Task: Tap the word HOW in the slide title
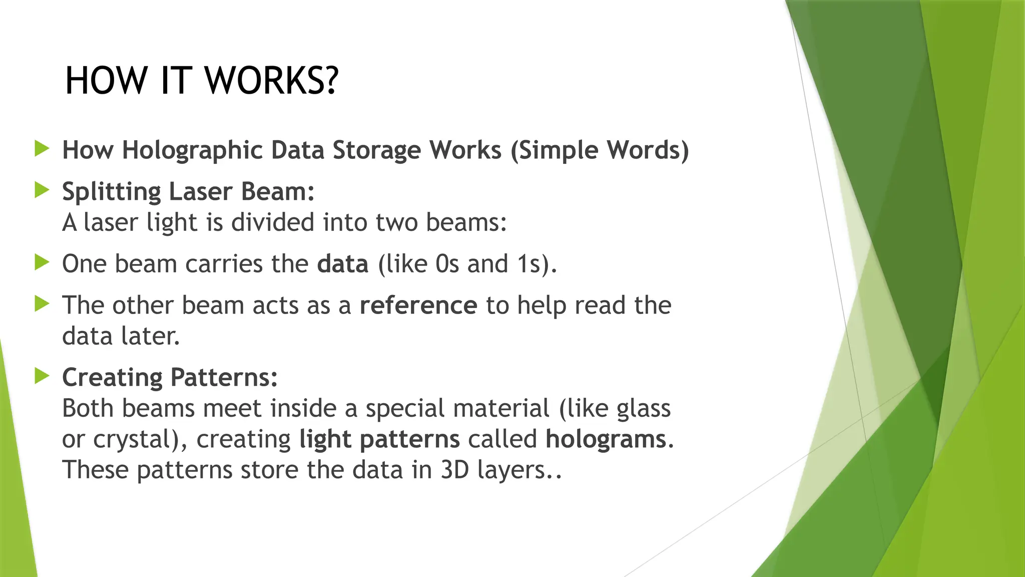coord(105,81)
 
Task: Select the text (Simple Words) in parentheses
coord(600,150)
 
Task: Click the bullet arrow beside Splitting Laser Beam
coord(42,190)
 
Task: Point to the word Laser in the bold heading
coord(201,191)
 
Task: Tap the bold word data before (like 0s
coord(342,264)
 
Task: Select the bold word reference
coord(418,306)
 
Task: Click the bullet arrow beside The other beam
coord(42,304)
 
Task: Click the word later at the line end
coord(150,336)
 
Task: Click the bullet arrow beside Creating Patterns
coord(42,376)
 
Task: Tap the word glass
coord(643,409)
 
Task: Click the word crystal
coord(133,440)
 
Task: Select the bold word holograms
coord(606,439)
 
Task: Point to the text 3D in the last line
coord(454,470)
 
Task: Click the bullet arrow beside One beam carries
coord(42,262)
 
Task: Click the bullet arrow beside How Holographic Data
coord(42,149)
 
